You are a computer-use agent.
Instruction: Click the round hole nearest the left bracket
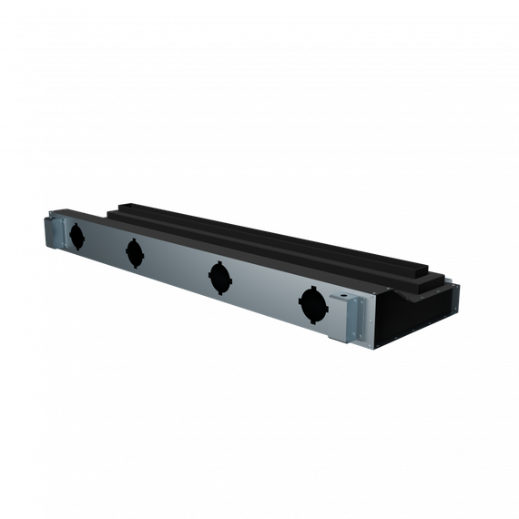(77, 236)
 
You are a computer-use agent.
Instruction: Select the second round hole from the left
(135, 252)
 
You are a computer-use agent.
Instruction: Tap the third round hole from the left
(219, 276)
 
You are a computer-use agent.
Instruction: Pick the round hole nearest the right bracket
(311, 305)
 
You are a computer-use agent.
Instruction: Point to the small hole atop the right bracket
(343, 297)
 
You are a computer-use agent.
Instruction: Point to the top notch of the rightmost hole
(312, 289)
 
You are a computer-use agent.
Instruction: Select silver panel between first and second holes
(106, 244)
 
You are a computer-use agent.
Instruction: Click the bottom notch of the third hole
(219, 292)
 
